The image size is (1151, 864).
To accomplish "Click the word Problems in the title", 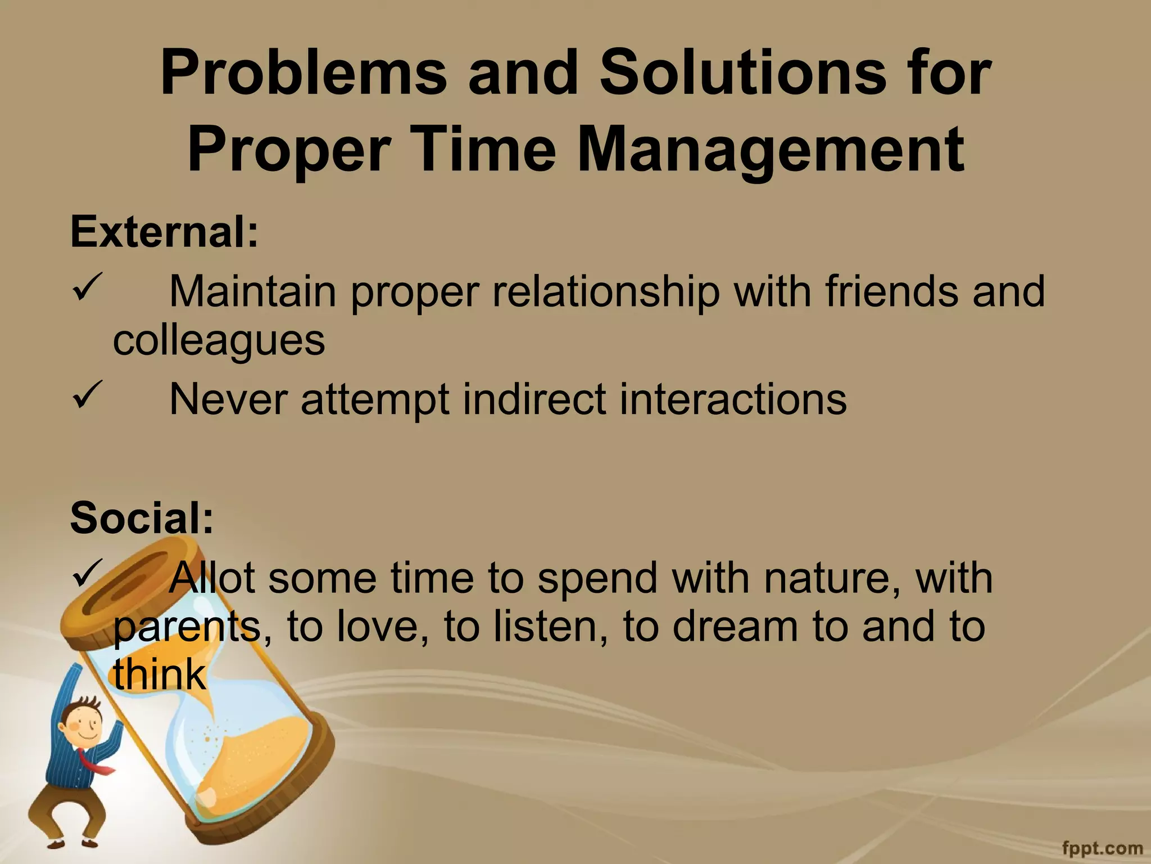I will [x=303, y=76].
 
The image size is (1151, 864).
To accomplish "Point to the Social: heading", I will [x=142, y=517].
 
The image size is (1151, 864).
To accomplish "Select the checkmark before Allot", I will [x=87, y=570].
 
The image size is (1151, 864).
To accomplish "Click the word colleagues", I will [x=219, y=341].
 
